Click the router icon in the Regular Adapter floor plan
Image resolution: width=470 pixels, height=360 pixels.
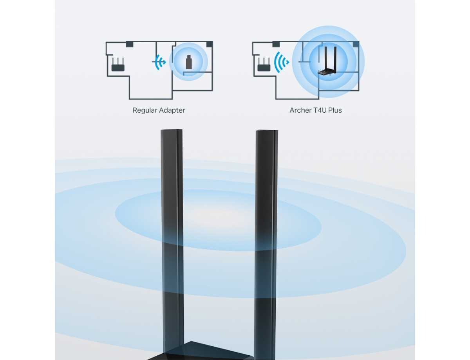[117, 65]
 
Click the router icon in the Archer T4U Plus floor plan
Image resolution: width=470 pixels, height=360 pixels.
[264, 65]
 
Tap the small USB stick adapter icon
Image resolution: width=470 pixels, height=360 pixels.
[188, 62]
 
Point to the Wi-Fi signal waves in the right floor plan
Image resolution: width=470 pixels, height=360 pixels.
[282, 62]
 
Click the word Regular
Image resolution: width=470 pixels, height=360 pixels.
[145, 110]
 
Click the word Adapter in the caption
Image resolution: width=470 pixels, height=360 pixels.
[172, 110]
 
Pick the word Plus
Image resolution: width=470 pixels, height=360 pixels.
[335, 110]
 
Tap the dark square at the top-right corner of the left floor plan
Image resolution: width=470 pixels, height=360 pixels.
[210, 44]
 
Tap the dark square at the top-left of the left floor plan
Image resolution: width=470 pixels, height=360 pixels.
[129, 44]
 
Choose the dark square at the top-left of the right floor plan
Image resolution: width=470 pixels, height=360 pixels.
[276, 44]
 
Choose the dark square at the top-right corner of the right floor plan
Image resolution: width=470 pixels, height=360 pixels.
[356, 44]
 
